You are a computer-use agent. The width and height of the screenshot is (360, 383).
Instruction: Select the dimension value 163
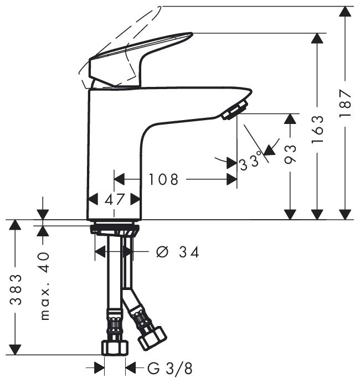[x=317, y=130]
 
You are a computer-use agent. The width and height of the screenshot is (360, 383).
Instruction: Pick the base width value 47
[x=115, y=199]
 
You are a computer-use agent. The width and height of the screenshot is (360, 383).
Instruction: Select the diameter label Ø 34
[x=178, y=252]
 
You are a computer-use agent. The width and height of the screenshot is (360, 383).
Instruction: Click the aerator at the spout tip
[x=235, y=110]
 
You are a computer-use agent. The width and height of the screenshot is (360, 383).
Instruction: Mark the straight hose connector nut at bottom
[x=115, y=347]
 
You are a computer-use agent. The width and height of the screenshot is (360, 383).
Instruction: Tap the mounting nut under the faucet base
[x=115, y=229]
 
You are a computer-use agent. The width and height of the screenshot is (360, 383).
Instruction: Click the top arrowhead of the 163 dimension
[x=317, y=38]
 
